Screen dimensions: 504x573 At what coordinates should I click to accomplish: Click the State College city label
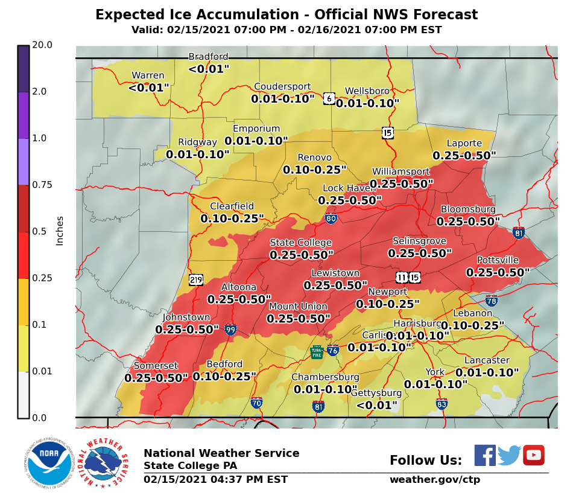[x=300, y=243]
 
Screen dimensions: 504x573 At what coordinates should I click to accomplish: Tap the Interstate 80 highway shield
[x=331, y=219]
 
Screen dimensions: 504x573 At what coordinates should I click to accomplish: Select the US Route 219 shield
[x=195, y=279]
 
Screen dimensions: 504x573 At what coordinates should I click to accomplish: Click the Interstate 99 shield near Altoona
[x=230, y=330]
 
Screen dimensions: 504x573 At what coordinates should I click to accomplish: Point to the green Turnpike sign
[x=317, y=352]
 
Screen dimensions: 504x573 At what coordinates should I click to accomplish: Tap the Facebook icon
[x=484, y=455]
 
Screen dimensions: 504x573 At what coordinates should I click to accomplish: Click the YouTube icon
[x=534, y=455]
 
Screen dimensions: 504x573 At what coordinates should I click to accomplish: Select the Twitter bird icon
[x=509, y=455]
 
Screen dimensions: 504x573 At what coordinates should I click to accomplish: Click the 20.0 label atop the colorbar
[x=42, y=45]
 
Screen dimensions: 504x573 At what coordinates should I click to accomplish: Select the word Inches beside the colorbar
[x=60, y=231]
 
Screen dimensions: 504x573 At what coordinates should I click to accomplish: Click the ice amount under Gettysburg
[x=377, y=405]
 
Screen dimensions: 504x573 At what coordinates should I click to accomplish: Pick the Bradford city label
[x=209, y=57]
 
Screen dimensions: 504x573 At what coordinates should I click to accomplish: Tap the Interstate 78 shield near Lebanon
[x=492, y=300]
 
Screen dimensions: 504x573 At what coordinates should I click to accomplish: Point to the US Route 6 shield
[x=329, y=98]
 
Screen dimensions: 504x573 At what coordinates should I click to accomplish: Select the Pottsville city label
[x=498, y=260]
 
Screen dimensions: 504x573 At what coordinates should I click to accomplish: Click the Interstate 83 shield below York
[x=442, y=403]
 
